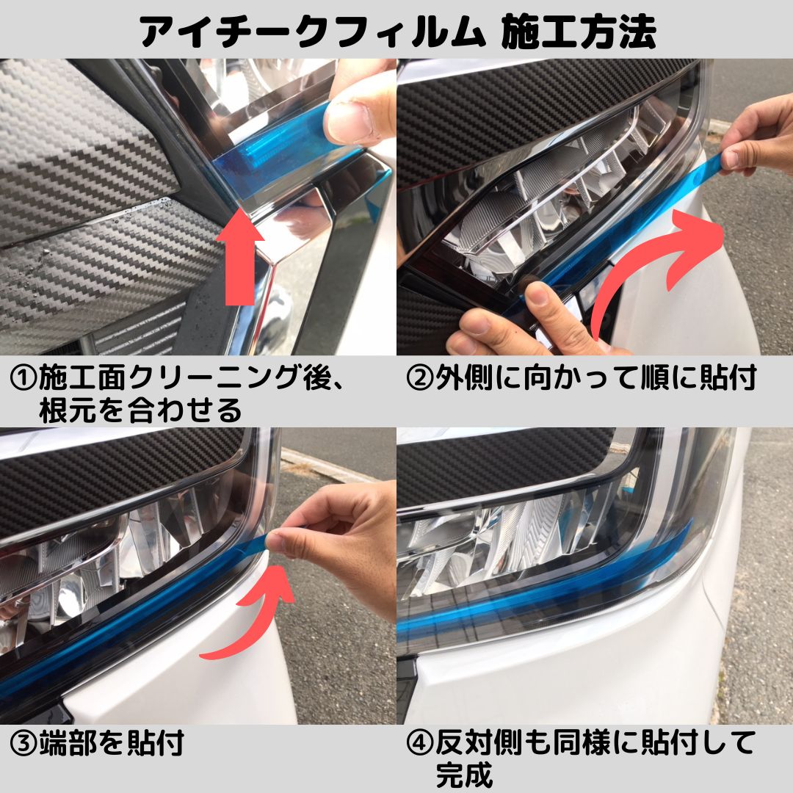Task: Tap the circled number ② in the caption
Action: [420, 378]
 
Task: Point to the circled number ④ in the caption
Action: [420, 743]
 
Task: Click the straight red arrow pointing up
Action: [239, 263]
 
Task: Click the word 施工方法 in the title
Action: [579, 32]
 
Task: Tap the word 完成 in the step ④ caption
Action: [464, 774]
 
